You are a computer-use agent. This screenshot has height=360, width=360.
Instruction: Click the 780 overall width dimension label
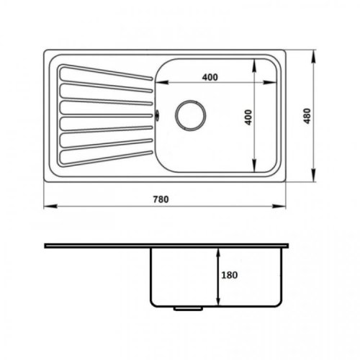coord(161,199)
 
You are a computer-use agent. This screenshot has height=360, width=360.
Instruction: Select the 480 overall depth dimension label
coord(307,116)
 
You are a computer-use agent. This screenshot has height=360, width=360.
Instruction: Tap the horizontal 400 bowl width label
coord(210,77)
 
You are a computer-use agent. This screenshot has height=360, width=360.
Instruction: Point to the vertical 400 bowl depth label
coord(248,117)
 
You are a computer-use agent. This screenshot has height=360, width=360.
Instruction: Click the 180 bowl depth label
coord(230,275)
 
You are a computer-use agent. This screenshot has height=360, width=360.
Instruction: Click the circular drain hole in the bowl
coord(191,115)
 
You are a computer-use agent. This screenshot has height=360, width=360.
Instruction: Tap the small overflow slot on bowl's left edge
coord(157,115)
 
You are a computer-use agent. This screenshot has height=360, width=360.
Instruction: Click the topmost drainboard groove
coord(106,72)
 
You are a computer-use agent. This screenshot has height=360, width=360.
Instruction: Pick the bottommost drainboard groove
coord(106,158)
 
